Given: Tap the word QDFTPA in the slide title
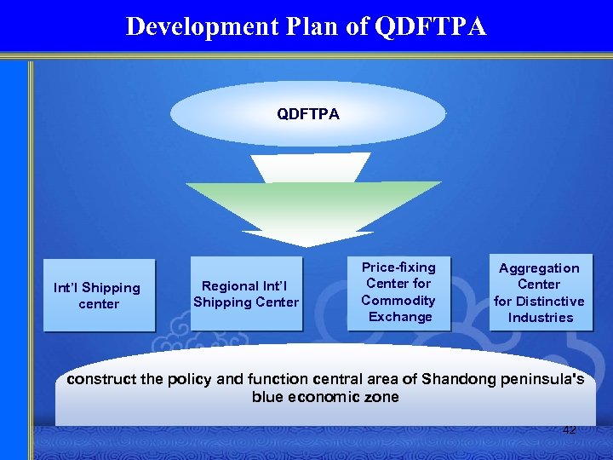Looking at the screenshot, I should [x=430, y=26].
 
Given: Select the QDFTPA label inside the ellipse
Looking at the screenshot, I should [x=308, y=114].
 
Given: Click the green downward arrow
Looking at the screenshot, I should [x=313, y=209].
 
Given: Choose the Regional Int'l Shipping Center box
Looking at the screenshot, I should [x=246, y=294].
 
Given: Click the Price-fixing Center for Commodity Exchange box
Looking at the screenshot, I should [x=398, y=292].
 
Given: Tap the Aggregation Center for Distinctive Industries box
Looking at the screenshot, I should [x=539, y=292].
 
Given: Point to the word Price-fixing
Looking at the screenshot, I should [x=398, y=267].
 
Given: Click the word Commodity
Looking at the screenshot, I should [x=398, y=300].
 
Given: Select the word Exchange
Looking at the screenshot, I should [x=400, y=317].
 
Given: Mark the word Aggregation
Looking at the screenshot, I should [x=539, y=268].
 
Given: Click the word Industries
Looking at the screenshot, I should [x=541, y=318].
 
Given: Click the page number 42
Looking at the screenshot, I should [x=569, y=430].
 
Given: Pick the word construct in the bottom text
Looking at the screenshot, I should [x=100, y=380].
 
